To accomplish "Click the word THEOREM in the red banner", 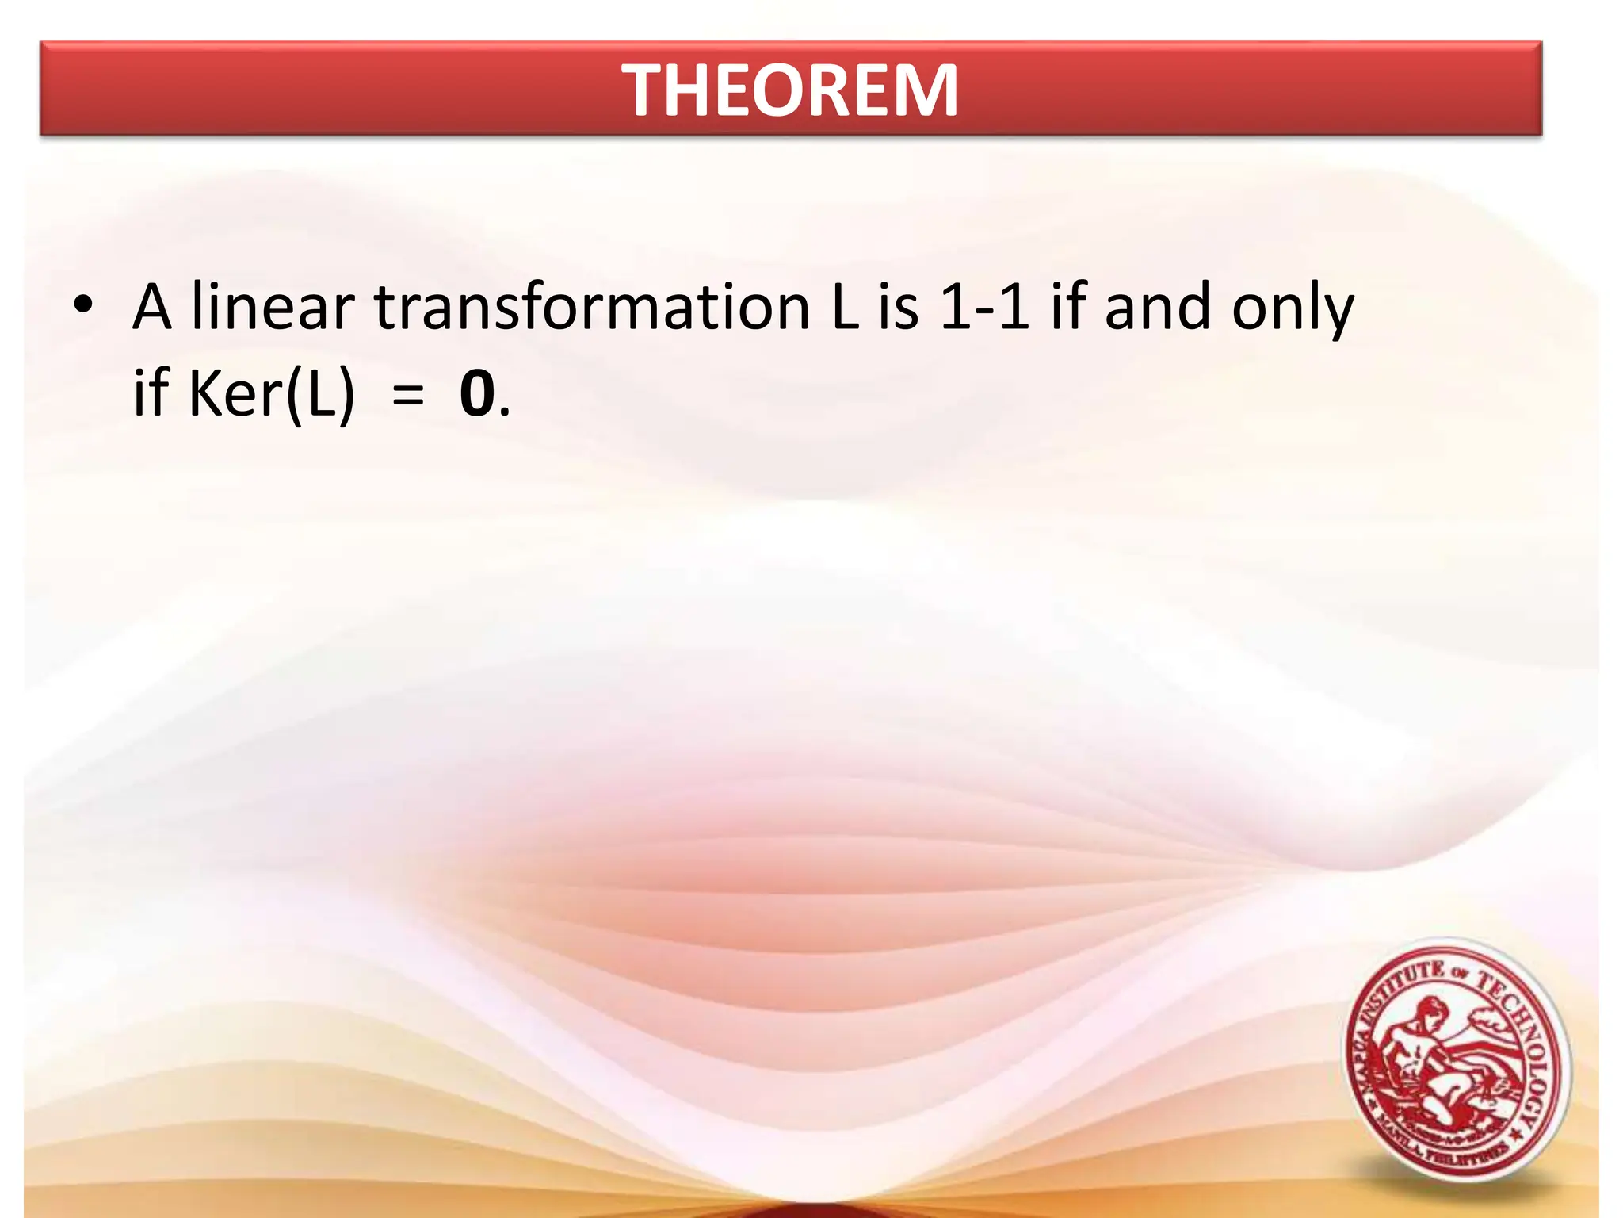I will point(790,90).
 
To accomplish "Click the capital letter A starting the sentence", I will point(152,308).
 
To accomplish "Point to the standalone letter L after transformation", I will point(845,308).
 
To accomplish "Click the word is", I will point(898,308).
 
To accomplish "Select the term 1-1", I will point(983,308).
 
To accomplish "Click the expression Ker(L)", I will point(271,394).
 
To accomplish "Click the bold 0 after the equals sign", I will point(477,394).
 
